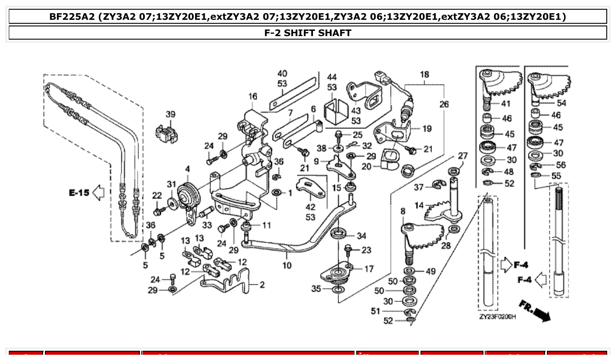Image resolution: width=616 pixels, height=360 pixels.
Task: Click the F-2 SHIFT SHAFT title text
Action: (308, 33)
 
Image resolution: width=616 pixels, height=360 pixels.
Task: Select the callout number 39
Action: (170, 114)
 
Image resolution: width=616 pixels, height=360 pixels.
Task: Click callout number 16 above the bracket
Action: (252, 96)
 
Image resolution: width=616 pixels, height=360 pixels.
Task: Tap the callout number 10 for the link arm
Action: (287, 265)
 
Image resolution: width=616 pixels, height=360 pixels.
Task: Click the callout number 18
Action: (424, 75)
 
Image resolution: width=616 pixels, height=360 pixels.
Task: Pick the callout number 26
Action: (444, 104)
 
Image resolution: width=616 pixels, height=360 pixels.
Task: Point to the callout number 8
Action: (402, 211)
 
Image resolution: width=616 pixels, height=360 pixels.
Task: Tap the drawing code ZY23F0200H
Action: (497, 317)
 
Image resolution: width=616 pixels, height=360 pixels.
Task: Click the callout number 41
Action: (506, 104)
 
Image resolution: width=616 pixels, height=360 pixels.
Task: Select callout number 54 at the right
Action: (561, 103)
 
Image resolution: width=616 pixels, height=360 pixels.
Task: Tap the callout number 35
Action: (316, 289)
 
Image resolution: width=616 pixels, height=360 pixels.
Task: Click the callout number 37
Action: (418, 188)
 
